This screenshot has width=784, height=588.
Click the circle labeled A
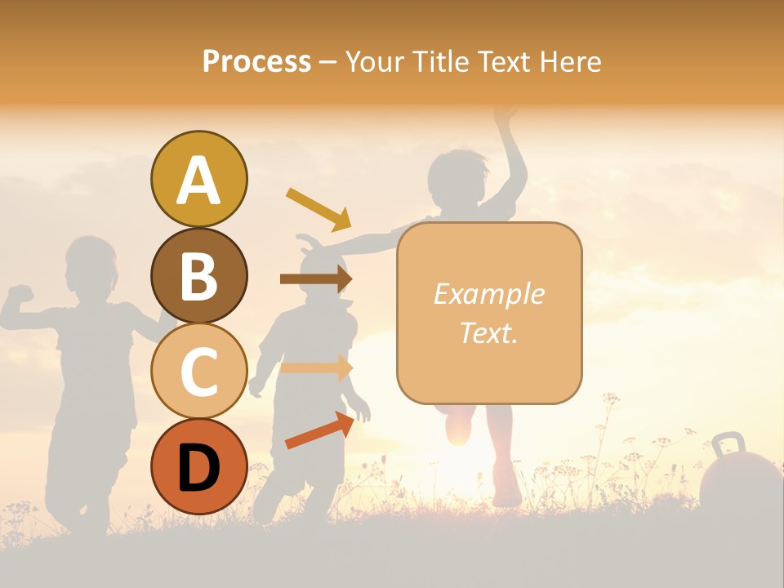pos(198,180)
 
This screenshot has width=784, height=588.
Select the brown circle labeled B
pos(198,275)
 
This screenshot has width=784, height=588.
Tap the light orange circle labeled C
pos(198,371)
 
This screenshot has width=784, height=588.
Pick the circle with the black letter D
pos(198,466)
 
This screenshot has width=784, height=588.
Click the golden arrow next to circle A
pos(318,209)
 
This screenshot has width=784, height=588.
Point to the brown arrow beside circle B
pos(315,279)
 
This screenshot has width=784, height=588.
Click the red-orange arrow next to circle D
pos(319,430)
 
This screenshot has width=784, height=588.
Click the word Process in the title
pos(256,61)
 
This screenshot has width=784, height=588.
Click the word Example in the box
pos(488,294)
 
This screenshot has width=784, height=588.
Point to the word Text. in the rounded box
pos(488,332)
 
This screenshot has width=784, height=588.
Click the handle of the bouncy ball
pos(728,446)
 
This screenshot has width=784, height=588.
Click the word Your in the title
pos(376,61)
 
